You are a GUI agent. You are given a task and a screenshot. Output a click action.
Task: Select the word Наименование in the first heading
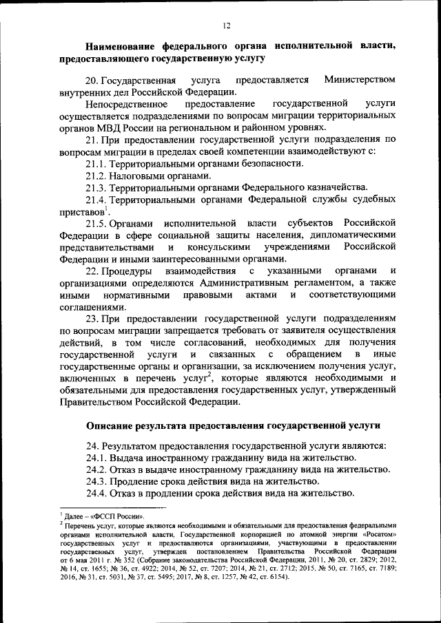pos(124,46)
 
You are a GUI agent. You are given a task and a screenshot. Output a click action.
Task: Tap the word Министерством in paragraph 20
pos(360,79)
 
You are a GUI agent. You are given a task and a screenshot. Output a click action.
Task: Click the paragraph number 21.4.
pos(96,199)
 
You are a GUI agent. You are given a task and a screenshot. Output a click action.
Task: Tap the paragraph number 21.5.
pos(96,223)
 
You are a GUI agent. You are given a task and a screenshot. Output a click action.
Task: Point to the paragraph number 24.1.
pos(96,458)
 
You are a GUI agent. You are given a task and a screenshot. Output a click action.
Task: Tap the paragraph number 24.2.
pos(96,469)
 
